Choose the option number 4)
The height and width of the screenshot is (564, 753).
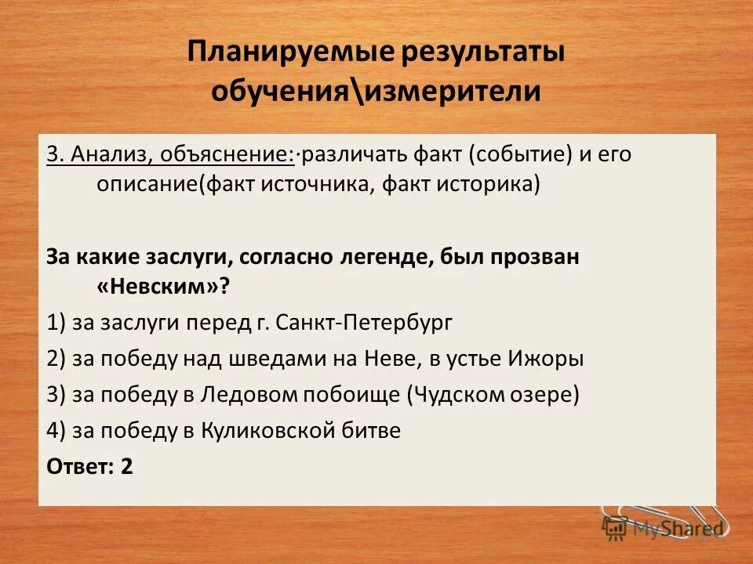tap(56, 431)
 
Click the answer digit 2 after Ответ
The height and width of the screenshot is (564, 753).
tap(126, 467)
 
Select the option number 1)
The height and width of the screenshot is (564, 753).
tap(56, 323)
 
